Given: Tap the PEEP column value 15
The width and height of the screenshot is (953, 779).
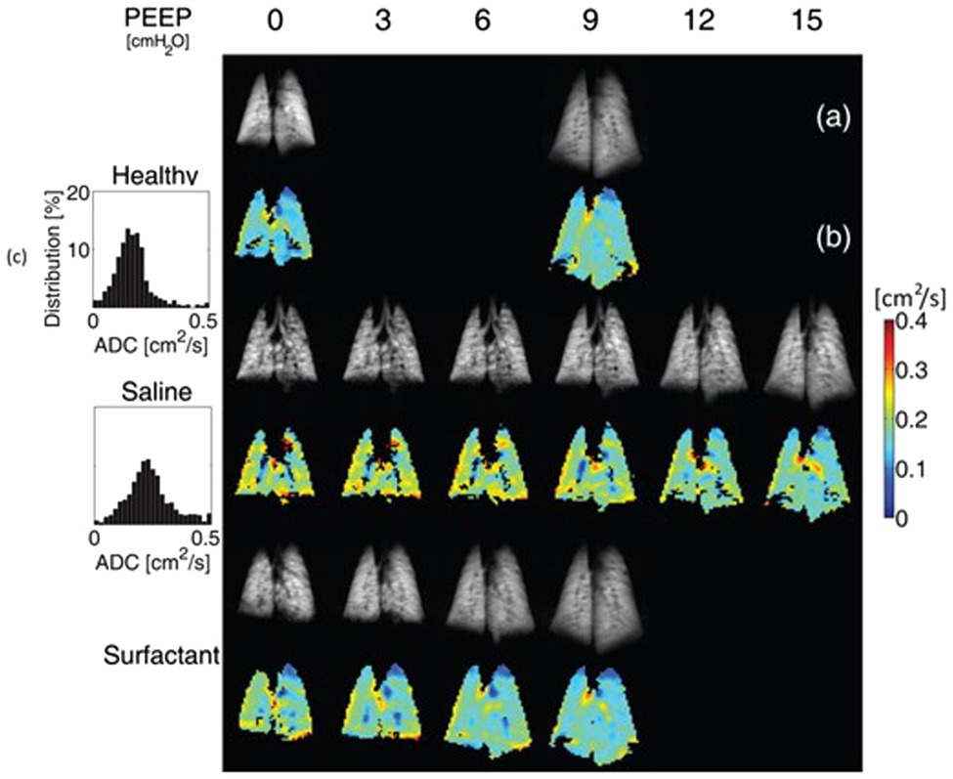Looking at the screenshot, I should [810, 20].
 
